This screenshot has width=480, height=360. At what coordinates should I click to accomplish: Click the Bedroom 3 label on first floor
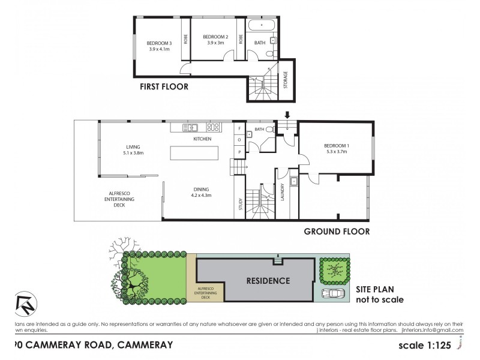click(x=160, y=46)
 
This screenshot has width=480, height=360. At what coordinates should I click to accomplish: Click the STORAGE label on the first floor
click(x=286, y=80)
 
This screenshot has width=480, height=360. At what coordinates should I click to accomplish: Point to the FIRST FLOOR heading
click(x=164, y=86)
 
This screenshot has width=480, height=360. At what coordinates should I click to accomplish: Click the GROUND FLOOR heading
click(x=336, y=231)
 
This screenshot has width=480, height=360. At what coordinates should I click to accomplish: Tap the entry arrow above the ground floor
click(x=287, y=115)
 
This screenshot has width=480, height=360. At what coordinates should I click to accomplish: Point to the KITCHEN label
click(x=202, y=139)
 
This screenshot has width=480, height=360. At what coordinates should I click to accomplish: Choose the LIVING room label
click(x=133, y=149)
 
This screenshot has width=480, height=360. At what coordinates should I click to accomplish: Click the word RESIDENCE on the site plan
click(x=268, y=280)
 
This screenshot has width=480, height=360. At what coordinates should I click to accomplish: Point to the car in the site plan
click(x=333, y=293)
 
